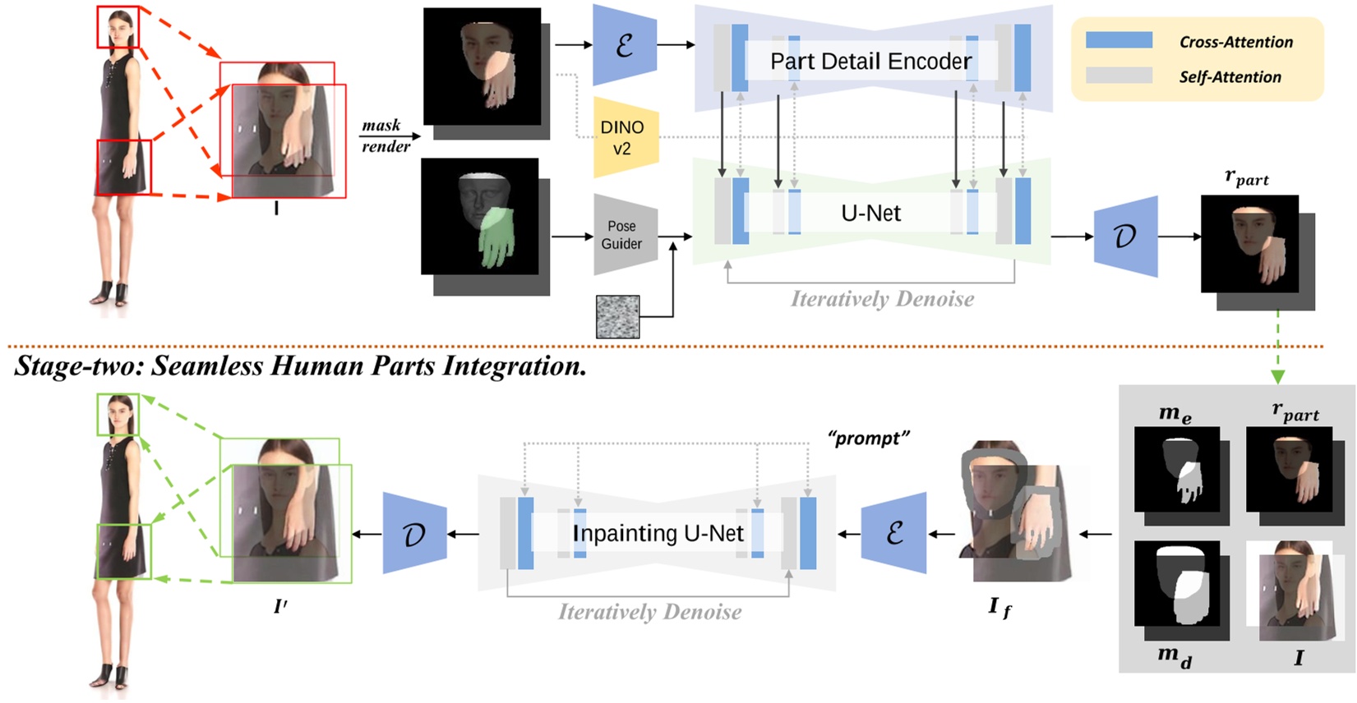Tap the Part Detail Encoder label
pos(870,62)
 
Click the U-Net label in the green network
pos(870,214)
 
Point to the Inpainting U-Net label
pos(658,534)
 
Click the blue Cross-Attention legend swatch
pos(1119,40)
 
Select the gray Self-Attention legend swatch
pos(1119,76)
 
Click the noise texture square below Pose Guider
pos(617,318)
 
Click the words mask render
pos(385,136)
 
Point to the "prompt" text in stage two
pos(868,439)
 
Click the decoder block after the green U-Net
pos(1125,237)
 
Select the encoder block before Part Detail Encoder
pos(624,45)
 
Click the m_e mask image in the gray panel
pos(1176,470)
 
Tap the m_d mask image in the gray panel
pos(1176,584)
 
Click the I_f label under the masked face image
pos(999,608)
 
